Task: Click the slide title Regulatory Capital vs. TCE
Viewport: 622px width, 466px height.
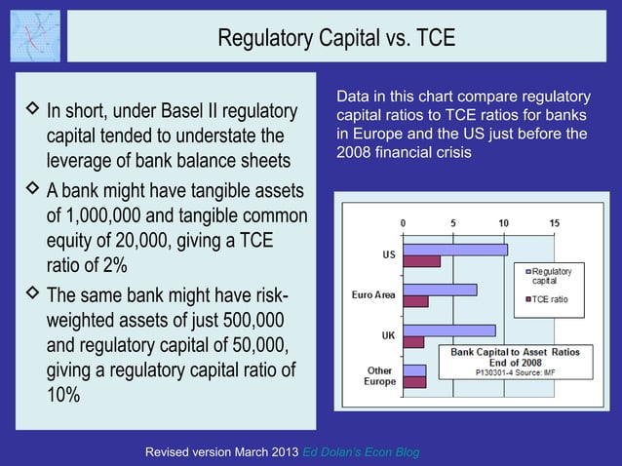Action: (336, 38)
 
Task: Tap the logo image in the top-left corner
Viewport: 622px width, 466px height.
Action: (35, 36)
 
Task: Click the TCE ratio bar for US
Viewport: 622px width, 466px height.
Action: (421, 261)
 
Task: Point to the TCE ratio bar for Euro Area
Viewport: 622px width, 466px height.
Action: (415, 301)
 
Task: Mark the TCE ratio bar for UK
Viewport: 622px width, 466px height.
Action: (412, 342)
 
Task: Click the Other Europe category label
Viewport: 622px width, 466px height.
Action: (379, 376)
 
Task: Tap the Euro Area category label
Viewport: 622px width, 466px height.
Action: (373, 294)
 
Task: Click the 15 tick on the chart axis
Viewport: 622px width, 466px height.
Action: (553, 223)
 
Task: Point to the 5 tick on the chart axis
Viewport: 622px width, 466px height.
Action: (452, 223)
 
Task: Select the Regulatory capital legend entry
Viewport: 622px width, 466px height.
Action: (556, 275)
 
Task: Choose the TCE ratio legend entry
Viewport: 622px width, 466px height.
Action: (551, 298)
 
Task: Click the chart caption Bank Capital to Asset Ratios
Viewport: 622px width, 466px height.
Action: (512, 351)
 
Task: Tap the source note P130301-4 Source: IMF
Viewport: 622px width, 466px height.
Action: (512, 372)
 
